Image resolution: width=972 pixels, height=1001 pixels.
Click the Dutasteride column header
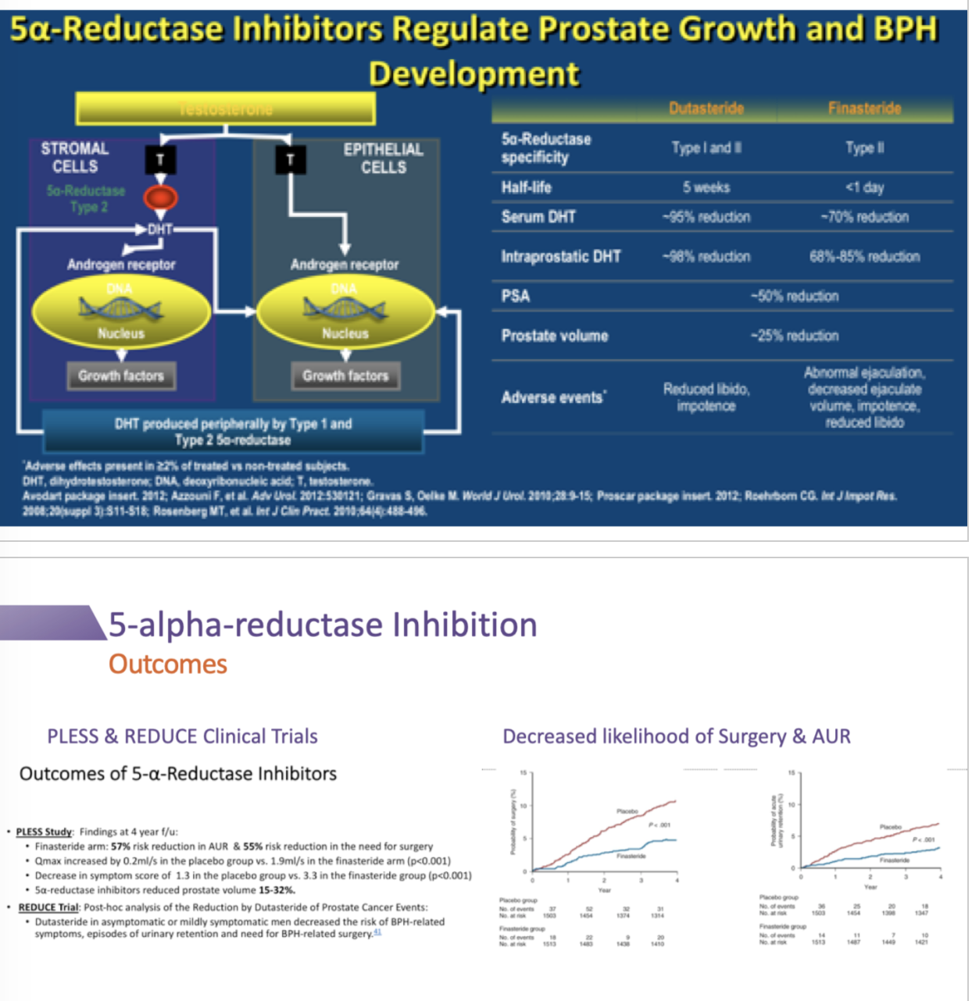pos(706,109)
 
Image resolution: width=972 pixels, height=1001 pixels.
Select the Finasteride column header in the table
pos(864,109)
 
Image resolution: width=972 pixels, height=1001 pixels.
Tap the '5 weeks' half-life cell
pos(706,187)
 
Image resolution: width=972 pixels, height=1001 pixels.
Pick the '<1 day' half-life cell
pos(864,187)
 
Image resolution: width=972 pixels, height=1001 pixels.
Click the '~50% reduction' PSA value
pos(794,296)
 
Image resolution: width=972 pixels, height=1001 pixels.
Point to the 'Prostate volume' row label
pos(554,336)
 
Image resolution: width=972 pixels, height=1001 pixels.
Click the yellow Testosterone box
pos(225,109)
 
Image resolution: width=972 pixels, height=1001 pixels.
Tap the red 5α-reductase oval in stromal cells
pos(160,198)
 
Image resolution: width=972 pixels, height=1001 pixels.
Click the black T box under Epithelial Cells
pos(290,160)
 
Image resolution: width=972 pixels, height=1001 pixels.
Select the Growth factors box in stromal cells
pos(121,376)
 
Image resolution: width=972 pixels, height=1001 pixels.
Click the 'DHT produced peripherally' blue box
pos(233,432)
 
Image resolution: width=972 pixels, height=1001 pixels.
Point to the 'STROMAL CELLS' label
pos(75,157)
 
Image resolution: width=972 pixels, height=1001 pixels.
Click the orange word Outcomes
pos(167,664)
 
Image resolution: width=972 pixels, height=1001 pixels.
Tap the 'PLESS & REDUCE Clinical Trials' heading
pos(182,736)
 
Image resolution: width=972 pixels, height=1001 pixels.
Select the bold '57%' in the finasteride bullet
pos(120,846)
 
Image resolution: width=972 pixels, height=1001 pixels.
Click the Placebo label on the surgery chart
pos(627,811)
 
